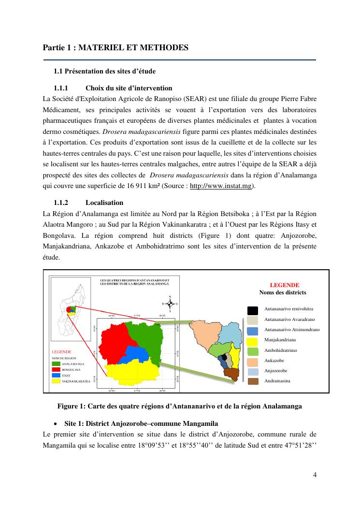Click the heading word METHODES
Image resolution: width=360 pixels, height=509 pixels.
[x=166, y=47]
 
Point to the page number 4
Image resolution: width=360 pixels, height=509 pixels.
[x=315, y=474]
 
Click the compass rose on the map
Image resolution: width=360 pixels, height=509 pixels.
[x=170, y=304]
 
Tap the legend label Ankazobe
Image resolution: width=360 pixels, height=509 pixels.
[x=274, y=361]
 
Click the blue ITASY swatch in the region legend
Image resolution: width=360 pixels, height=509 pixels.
[x=56, y=375]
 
